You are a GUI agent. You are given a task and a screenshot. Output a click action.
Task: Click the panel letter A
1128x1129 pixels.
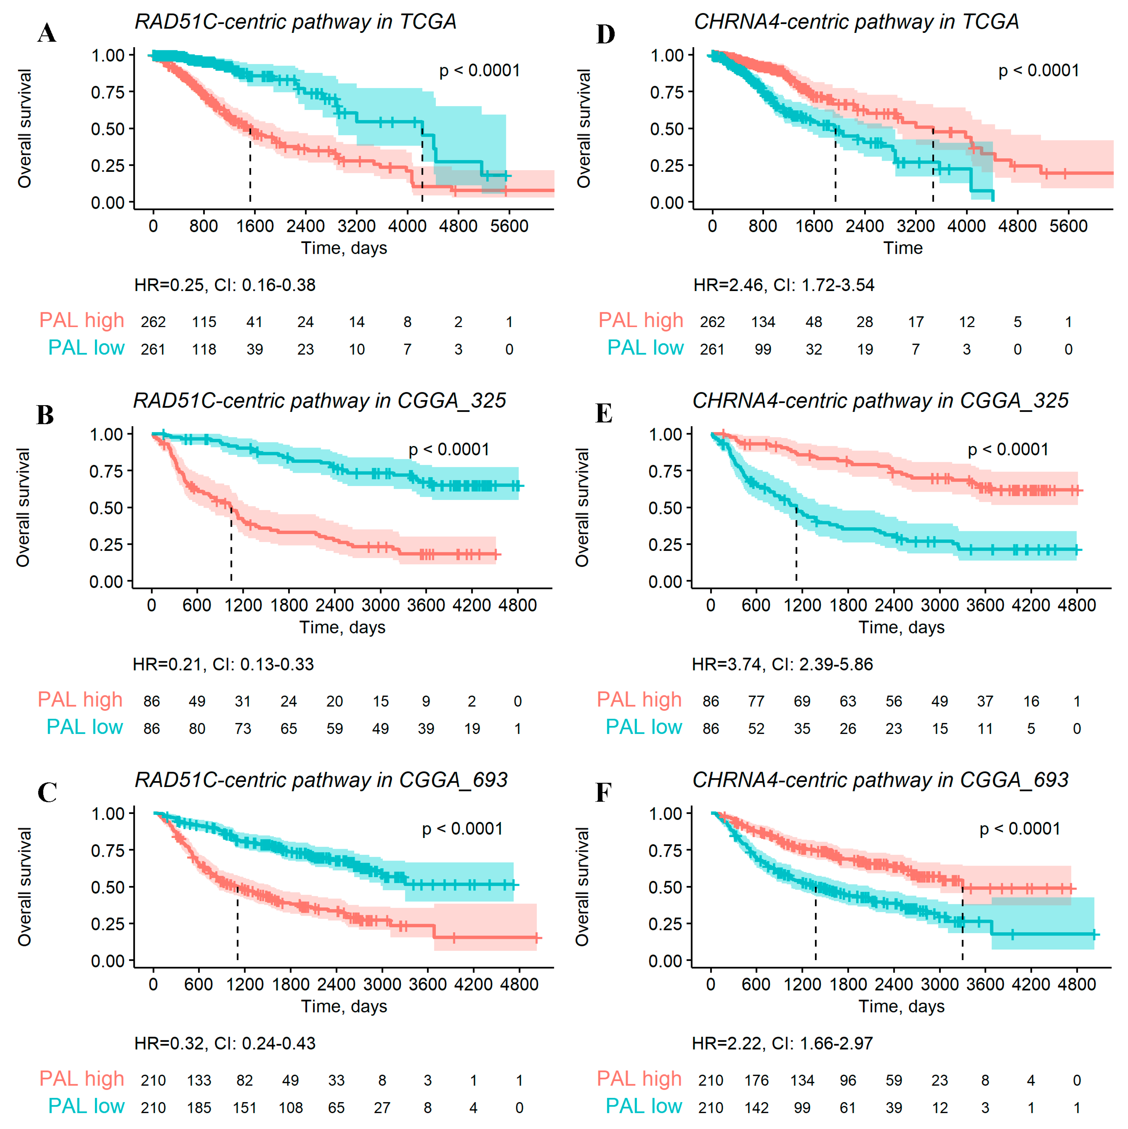[47, 33]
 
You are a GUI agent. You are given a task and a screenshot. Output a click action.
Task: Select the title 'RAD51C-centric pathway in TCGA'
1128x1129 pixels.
[295, 22]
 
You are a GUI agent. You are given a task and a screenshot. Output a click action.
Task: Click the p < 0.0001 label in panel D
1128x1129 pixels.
[1038, 71]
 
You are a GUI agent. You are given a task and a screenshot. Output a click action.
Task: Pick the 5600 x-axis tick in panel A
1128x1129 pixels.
[509, 226]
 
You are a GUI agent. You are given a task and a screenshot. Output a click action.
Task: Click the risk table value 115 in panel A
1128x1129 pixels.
[204, 322]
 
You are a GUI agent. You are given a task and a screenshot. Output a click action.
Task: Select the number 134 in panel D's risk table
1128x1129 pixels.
[763, 322]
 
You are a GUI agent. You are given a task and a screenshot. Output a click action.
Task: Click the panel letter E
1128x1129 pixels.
[604, 414]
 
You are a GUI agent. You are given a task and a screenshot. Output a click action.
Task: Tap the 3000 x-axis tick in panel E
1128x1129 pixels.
[940, 606]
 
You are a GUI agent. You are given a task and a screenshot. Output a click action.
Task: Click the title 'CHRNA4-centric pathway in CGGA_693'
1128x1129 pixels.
[880, 780]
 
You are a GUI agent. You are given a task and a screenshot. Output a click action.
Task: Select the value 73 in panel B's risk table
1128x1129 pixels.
[243, 729]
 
